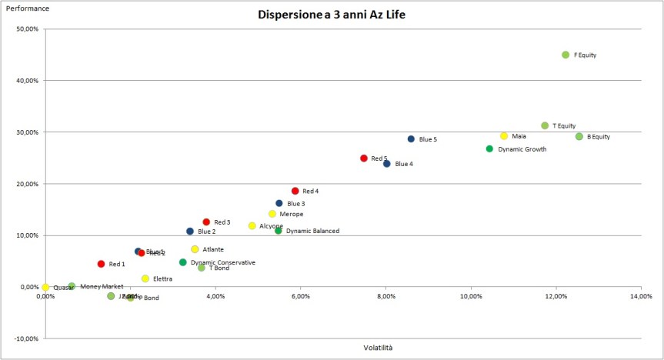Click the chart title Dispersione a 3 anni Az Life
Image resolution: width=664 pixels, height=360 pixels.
coord(332,15)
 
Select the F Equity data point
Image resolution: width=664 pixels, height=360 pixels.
coord(566,55)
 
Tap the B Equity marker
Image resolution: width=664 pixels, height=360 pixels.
coord(579,136)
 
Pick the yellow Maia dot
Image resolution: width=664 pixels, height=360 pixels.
coord(504,135)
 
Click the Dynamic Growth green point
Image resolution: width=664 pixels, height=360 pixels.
coord(489,148)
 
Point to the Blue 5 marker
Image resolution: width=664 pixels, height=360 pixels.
coord(411,139)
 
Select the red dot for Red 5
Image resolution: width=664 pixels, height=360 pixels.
coord(364,158)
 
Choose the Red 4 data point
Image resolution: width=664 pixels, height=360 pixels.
coord(295,191)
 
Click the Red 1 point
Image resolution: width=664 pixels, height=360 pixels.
coord(101,264)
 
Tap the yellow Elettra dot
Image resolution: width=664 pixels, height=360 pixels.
coord(145,278)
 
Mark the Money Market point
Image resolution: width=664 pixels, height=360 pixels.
coord(72,286)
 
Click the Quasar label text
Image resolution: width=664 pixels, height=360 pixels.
coord(63,288)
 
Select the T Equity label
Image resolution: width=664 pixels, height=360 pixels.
coord(564,125)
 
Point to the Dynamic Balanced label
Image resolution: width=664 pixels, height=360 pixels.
coord(312,231)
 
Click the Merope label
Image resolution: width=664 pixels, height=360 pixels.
coord(292,214)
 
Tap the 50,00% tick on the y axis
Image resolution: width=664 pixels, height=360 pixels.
coord(26,29)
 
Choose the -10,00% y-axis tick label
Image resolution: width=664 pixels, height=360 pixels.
coord(25,338)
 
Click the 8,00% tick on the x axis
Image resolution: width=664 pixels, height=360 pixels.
coord(386,296)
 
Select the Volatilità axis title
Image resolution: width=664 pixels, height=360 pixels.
coord(378,348)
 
